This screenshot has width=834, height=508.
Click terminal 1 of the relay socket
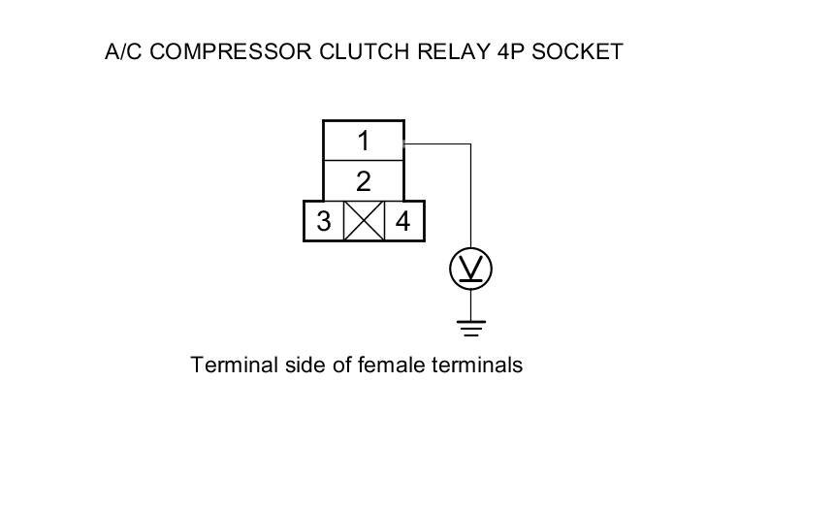click(x=363, y=141)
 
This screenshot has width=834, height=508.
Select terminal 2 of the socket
click(x=363, y=181)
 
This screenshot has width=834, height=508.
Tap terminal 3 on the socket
click(x=324, y=222)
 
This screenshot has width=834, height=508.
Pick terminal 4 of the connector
click(x=403, y=222)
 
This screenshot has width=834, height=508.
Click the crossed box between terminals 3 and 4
click(x=365, y=222)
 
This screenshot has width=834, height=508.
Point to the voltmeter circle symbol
click(x=471, y=269)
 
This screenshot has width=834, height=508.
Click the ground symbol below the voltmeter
click(x=471, y=327)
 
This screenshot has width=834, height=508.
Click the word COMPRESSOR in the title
click(x=232, y=52)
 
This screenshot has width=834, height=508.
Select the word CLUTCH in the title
click(x=360, y=52)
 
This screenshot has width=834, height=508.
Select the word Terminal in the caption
click(x=229, y=365)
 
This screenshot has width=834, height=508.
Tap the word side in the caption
click(x=294, y=365)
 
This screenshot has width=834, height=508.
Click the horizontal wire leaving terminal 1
click(x=436, y=144)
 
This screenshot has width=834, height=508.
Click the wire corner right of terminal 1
click(x=471, y=144)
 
